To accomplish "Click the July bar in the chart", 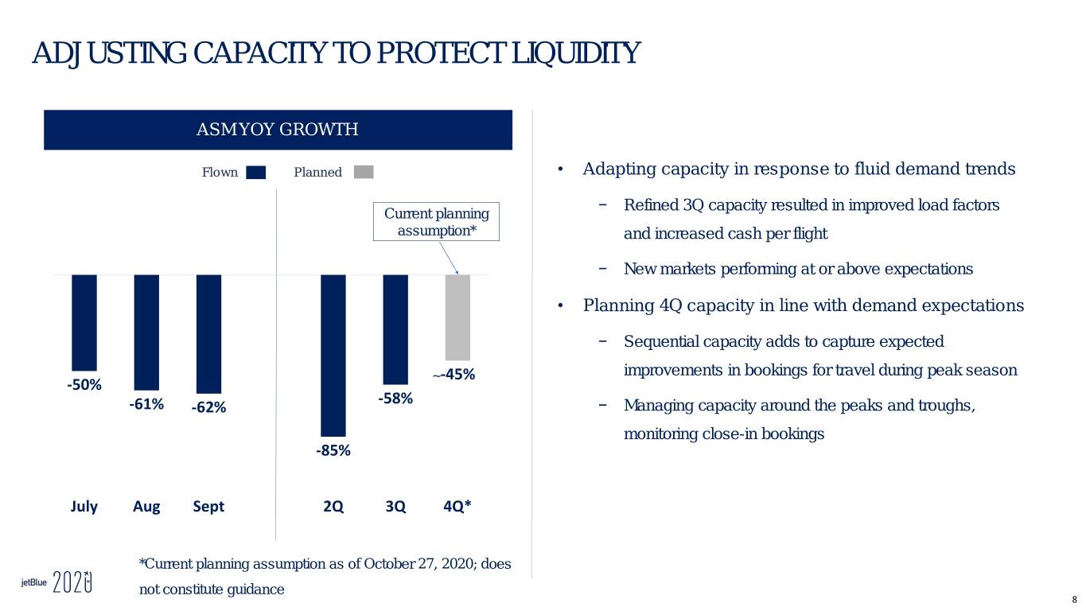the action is coord(84,323).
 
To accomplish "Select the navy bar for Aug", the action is coord(146,333).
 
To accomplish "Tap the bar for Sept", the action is coord(209,334).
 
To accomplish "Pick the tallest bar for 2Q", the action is coord(333,356).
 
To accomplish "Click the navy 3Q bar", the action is coord(395,329).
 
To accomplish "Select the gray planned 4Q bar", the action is coord(457,317).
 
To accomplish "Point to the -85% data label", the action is coord(333,450).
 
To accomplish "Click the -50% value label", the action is coord(84,385).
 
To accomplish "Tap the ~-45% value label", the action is coord(453,375).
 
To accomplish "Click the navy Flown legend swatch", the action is coord(256,173).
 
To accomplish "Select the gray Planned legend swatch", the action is coord(364,172).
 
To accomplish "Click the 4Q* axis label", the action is coord(457,506).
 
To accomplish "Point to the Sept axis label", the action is coord(208,507).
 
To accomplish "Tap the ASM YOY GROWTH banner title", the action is coord(278,130).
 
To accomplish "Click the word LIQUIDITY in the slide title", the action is coord(577,53).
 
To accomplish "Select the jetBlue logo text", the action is coord(34,582).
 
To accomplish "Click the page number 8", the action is coord(1074,601).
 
